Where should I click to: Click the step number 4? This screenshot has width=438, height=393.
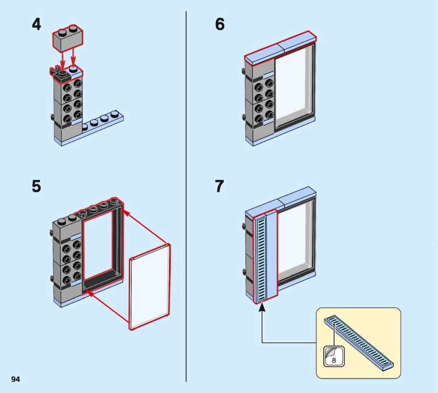click(x=36, y=24)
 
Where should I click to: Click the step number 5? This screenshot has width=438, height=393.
click(x=36, y=186)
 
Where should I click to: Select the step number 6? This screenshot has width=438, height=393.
click(x=219, y=24)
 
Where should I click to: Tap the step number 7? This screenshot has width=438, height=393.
click(x=219, y=186)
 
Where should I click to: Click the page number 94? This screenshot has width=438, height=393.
click(x=15, y=379)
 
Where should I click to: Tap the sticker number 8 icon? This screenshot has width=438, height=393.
click(x=334, y=356)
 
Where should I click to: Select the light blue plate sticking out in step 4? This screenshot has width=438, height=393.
click(x=104, y=123)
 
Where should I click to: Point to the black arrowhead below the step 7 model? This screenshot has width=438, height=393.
click(x=262, y=308)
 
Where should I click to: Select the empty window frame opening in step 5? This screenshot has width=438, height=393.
click(x=100, y=246)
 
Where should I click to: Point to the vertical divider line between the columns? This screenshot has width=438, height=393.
click(x=186, y=196)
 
